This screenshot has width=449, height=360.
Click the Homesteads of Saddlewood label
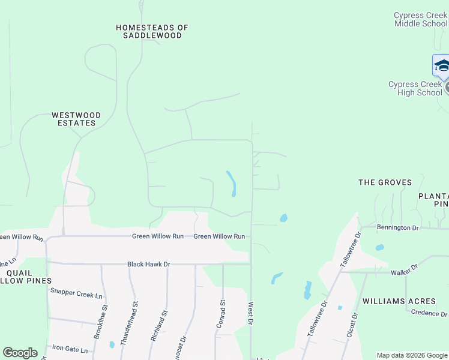click(152, 31)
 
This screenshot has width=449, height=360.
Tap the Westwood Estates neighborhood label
click(76, 119)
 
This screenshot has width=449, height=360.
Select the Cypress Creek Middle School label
click(420, 19)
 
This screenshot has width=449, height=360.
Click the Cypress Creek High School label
click(415, 88)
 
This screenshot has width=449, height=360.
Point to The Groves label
click(385, 182)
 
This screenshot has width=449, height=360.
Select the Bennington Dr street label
click(397, 228)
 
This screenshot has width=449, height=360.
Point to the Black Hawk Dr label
click(149, 264)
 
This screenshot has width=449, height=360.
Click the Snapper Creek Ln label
click(77, 292)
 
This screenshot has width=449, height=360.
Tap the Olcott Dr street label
click(354, 325)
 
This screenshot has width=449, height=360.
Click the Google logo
click(20, 353)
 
